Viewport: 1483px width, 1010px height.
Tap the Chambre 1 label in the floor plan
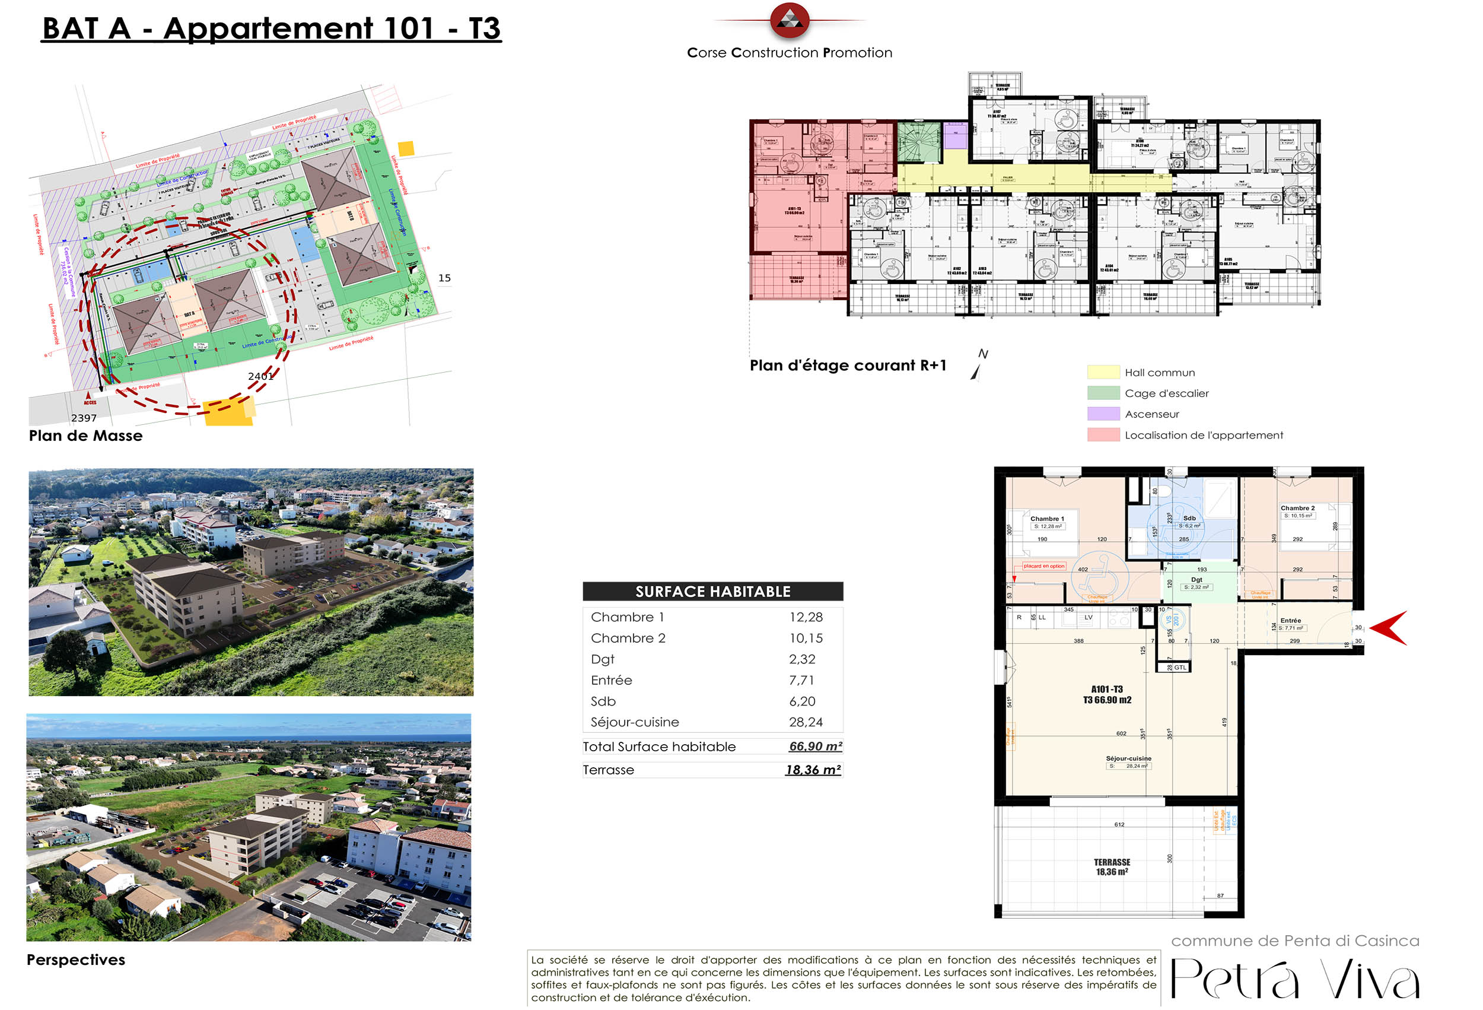pyautogui.click(x=1046, y=519)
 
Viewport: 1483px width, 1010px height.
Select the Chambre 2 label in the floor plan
pyautogui.click(x=1297, y=508)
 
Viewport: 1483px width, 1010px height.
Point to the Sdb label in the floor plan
pyautogui.click(x=1189, y=519)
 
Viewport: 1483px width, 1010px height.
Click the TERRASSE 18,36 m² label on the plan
pyautogui.click(x=1112, y=867)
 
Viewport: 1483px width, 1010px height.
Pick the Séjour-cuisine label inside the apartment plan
pyautogui.click(x=1128, y=758)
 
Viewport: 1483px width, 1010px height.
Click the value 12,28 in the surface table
pyautogui.click(x=806, y=617)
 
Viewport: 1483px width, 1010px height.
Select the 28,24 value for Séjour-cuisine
pyautogui.click(x=806, y=722)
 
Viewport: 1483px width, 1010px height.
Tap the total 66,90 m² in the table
pyautogui.click(x=815, y=747)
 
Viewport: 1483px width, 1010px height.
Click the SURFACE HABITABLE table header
pyautogui.click(x=712, y=592)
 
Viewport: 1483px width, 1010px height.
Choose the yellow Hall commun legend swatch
pyautogui.click(x=1103, y=372)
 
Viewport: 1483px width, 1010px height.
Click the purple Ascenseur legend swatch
pyautogui.click(x=1103, y=414)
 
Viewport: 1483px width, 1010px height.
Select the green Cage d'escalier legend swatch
pyautogui.click(x=1103, y=393)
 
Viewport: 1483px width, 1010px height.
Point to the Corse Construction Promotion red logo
pyautogui.click(x=790, y=20)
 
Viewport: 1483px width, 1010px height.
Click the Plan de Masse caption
pyautogui.click(x=85, y=436)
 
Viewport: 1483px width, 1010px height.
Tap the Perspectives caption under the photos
pyautogui.click(x=76, y=960)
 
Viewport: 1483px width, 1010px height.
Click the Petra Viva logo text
pyautogui.click(x=1295, y=979)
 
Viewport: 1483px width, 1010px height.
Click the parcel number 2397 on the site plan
pyautogui.click(x=84, y=418)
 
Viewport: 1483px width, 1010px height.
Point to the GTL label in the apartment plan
pyautogui.click(x=1180, y=668)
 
